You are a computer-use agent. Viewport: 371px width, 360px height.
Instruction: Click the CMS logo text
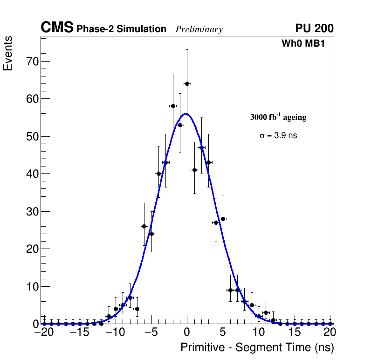pyautogui.click(x=57, y=28)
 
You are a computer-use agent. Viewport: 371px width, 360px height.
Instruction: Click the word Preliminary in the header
pyautogui.click(x=199, y=29)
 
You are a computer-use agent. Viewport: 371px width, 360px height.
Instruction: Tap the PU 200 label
pyautogui.click(x=314, y=28)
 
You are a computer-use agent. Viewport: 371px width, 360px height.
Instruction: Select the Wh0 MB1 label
pyautogui.click(x=303, y=43)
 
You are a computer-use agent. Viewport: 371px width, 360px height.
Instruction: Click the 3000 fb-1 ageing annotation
pyautogui.click(x=278, y=118)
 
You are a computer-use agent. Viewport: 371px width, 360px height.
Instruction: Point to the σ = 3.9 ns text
pyautogui.click(x=278, y=136)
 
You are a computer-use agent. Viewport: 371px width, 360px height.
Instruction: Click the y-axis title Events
pyautogui.click(x=8, y=54)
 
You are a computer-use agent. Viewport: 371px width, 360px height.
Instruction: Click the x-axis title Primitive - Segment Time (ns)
pyautogui.click(x=257, y=347)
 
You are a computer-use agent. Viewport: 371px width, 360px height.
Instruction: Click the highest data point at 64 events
pyautogui.click(x=187, y=83)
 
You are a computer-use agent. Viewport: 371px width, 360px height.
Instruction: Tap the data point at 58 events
pyautogui.click(x=173, y=106)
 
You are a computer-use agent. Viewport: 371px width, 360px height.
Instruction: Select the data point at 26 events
pyautogui.click(x=144, y=226)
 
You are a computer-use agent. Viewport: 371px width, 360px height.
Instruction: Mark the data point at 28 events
pyautogui.click(x=223, y=219)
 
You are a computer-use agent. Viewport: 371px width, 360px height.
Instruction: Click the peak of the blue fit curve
pyautogui.click(x=185, y=114)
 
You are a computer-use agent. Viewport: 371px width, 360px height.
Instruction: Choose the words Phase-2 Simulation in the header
pyautogui.click(x=121, y=29)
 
